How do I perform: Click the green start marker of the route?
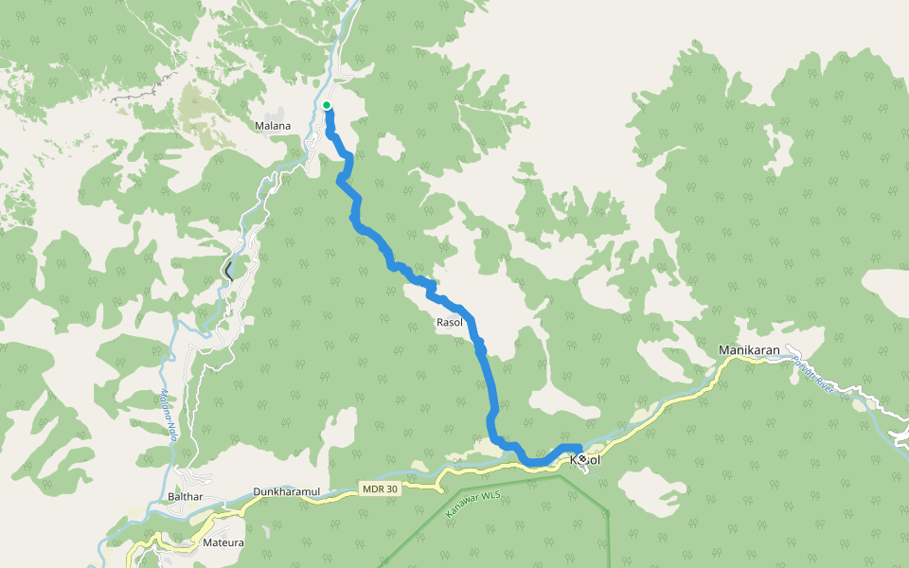click(x=326, y=105)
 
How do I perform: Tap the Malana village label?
click(x=273, y=126)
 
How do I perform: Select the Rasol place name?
click(x=448, y=323)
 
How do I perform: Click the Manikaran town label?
click(x=748, y=350)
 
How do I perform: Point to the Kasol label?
click(x=585, y=460)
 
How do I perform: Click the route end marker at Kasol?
click(x=579, y=455)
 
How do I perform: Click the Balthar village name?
click(x=185, y=496)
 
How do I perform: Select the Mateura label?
click(x=223, y=543)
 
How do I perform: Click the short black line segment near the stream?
click(x=228, y=271)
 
